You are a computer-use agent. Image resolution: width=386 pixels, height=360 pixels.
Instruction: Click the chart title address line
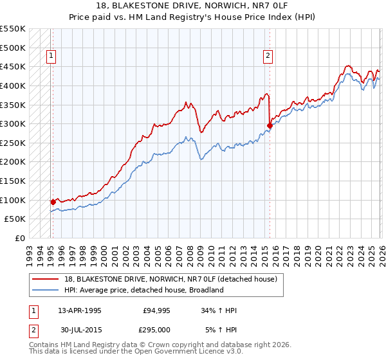[x=193, y=6]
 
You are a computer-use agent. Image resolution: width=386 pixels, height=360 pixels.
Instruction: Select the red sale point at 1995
[x=53, y=202]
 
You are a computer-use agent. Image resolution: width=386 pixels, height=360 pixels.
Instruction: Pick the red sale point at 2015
[x=270, y=126]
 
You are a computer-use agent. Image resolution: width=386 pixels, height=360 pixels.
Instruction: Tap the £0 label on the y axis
[x=20, y=238]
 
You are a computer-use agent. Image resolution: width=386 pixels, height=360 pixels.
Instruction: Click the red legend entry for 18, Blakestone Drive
[x=170, y=279]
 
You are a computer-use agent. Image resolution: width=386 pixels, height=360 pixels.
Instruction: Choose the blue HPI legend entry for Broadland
[x=143, y=290]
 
